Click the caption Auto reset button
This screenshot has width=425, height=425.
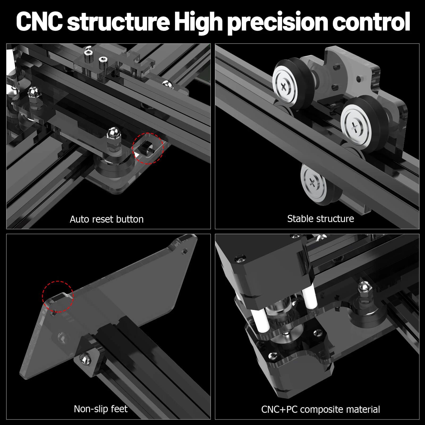(107, 219)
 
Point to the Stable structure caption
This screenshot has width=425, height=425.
(320, 219)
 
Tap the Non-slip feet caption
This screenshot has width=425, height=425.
(100, 409)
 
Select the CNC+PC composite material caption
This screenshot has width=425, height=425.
(320, 409)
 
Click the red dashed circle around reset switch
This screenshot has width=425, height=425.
(148, 148)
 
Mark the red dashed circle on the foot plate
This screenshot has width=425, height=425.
(58, 296)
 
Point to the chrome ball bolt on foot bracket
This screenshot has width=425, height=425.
(86, 359)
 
